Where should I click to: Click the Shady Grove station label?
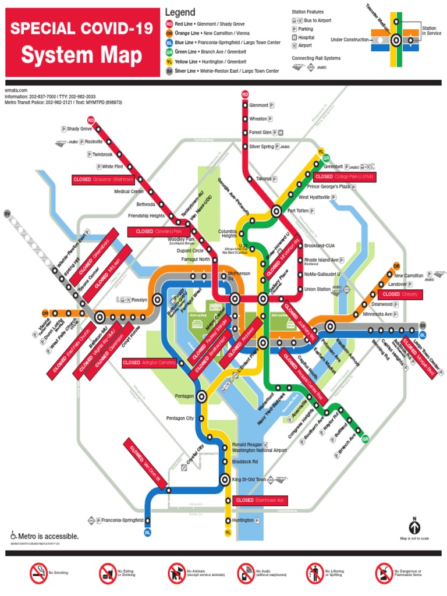coord(79,129)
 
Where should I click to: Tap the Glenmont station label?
coord(259,105)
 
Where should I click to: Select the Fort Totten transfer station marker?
coord(276,211)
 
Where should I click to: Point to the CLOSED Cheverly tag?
coord(400,295)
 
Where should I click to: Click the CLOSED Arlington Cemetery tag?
coord(148,363)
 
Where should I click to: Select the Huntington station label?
coord(243,520)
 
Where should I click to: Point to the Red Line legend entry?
coord(221,24)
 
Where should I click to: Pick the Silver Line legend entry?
coord(221,71)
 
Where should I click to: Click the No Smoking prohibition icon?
coord(38,573)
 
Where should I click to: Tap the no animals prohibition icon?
coord(176,573)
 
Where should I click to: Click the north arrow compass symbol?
coord(414,527)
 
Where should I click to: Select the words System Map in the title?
coord(81,56)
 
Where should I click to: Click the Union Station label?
coord(317,289)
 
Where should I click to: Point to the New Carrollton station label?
coord(409,275)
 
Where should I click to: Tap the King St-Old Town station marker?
coord(225,480)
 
